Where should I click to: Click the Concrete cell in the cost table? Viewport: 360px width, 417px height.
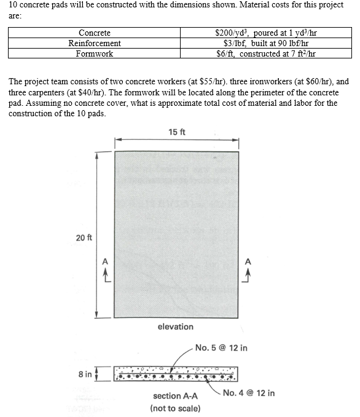(95, 33)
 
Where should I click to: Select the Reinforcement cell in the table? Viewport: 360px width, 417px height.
(95, 43)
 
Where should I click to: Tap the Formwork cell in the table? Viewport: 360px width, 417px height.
(95, 54)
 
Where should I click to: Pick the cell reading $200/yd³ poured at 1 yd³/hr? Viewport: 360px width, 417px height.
(266, 33)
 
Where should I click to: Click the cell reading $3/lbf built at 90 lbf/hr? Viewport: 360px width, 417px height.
(266, 43)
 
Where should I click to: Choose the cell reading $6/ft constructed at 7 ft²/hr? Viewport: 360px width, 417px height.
(266, 54)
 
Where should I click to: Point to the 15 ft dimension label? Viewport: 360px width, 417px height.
(176, 131)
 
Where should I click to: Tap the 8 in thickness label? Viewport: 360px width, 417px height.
(85, 374)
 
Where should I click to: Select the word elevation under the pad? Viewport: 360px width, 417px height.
(175, 327)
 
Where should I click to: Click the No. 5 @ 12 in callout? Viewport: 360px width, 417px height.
(221, 348)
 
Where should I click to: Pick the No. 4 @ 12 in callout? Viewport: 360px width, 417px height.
(249, 393)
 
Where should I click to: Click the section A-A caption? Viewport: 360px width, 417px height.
(175, 396)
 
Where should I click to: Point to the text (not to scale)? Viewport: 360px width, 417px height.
(175, 408)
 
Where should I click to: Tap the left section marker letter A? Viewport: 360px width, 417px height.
(104, 261)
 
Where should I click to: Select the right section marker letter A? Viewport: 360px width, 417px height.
(248, 261)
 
